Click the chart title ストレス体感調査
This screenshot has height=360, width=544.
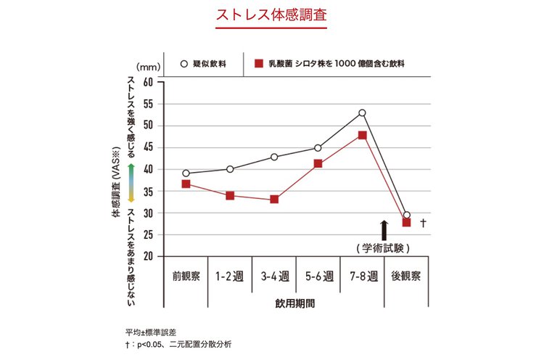pyautogui.click(x=271, y=15)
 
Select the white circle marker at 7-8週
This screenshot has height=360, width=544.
pyautogui.click(x=362, y=112)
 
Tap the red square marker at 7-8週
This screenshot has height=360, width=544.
pyautogui.click(x=362, y=135)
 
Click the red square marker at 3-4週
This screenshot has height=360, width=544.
pyautogui.click(x=274, y=199)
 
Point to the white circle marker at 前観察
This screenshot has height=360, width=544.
pyautogui.click(x=186, y=173)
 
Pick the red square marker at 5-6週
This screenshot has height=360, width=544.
pyautogui.click(x=318, y=163)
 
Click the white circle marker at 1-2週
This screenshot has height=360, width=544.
pyautogui.click(x=230, y=169)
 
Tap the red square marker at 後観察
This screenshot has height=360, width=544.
pyautogui.click(x=406, y=222)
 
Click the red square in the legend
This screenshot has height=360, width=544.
pyautogui.click(x=257, y=63)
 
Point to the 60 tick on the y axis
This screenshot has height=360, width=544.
pyautogui.click(x=148, y=81)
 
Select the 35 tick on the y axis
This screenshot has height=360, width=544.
pyautogui.click(x=148, y=191)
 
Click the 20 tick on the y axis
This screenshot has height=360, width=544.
pyautogui.click(x=148, y=256)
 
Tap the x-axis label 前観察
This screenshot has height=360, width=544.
pyautogui.click(x=186, y=277)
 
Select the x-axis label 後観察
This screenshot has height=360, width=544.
pyautogui.click(x=406, y=277)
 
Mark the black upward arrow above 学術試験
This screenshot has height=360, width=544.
pyautogui.click(x=384, y=231)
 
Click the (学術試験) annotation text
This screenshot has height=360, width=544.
pyautogui.click(x=384, y=248)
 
